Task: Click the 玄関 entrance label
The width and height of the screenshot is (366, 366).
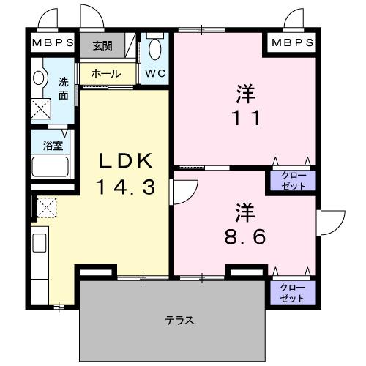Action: tap(102, 45)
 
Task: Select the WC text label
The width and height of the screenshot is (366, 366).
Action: tap(154, 73)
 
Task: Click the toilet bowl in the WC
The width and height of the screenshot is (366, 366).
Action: tap(155, 49)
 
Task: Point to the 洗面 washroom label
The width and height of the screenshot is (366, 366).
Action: tap(64, 89)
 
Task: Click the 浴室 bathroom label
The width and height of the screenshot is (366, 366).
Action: tap(52, 145)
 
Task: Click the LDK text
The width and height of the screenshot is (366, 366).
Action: tap(125, 161)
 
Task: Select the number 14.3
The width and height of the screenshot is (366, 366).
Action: tap(125, 187)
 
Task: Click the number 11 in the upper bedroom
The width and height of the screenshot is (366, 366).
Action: tap(245, 117)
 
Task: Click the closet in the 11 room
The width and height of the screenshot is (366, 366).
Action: tap(291, 180)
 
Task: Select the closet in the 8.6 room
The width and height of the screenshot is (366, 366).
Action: tap(291, 293)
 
